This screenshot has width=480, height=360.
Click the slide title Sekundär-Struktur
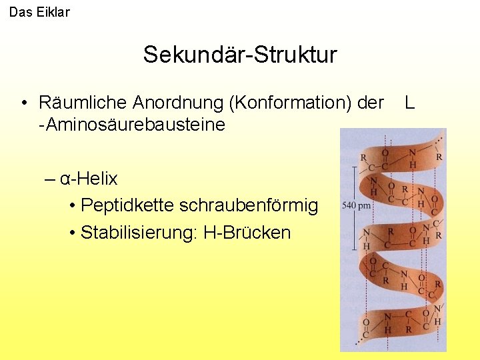pos(240,55)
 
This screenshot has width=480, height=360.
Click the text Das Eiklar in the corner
pos(39,12)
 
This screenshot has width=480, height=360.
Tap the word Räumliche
pos(83,103)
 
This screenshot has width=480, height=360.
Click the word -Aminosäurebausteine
pos(132,125)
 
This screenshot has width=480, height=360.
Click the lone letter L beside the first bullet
pos(409,103)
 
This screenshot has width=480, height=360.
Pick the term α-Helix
pos(89,179)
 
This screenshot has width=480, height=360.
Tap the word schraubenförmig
pos(249,206)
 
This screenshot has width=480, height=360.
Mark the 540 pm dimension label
pos(356,205)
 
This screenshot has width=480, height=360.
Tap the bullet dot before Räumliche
pos(23,103)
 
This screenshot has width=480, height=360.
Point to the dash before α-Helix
pos(50,179)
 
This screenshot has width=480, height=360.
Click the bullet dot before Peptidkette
pos(71,206)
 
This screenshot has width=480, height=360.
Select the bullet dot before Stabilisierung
pos(71,233)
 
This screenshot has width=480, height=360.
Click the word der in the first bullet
pos(371,103)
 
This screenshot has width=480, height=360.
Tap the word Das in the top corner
pos(20,12)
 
